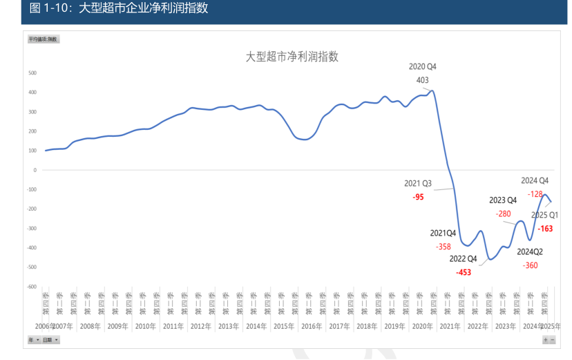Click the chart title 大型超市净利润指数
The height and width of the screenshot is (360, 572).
point(292,57)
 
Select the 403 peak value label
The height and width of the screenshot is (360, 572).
point(422,80)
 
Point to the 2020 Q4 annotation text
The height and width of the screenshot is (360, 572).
point(423,67)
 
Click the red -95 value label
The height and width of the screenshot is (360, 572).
point(418,197)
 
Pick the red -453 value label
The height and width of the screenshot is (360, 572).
point(464,272)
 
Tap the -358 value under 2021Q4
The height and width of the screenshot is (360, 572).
point(444,247)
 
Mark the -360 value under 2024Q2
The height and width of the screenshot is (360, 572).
point(530,265)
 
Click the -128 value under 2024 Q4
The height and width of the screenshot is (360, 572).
point(534,194)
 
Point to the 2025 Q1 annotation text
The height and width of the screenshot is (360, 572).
point(544,215)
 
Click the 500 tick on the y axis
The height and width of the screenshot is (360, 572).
point(32,73)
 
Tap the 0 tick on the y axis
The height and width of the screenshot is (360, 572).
point(35,170)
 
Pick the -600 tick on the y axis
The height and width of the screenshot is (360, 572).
point(31,286)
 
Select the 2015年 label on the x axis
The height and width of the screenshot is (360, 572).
point(283,326)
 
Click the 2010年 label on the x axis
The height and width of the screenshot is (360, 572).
point(145,326)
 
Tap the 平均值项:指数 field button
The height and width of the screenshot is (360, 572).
point(43,39)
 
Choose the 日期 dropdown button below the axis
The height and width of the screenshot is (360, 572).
point(50,340)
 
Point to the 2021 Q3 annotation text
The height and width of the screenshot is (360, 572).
point(418,184)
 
